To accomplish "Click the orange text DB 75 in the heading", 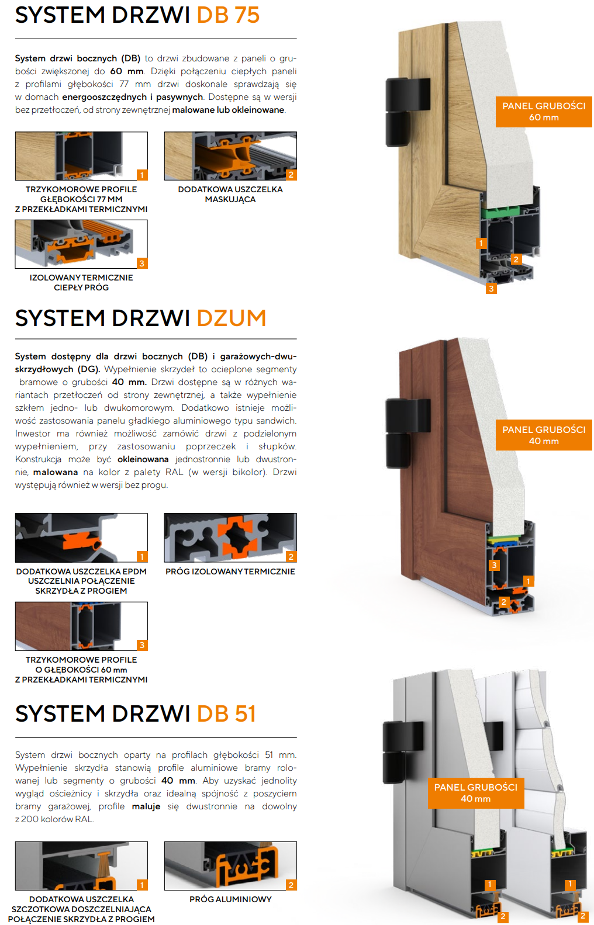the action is pyautogui.click(x=228, y=15).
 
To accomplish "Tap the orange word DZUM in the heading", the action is pyautogui.click(x=232, y=318).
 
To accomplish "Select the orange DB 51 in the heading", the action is pyautogui.click(x=226, y=714).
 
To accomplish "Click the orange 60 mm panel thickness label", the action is pyautogui.click(x=544, y=112).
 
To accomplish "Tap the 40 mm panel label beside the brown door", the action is pyautogui.click(x=544, y=435).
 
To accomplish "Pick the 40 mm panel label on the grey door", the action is pyautogui.click(x=476, y=793).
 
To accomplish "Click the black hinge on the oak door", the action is pyautogui.click(x=406, y=112).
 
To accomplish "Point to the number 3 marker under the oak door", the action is pyautogui.click(x=491, y=289).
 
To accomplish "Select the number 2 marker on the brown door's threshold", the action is pyautogui.click(x=503, y=602).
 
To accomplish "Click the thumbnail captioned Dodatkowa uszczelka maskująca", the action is pyautogui.click(x=230, y=156).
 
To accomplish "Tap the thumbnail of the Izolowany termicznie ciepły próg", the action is pyautogui.click(x=81, y=244).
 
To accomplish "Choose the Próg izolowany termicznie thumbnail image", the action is pyautogui.click(x=230, y=538).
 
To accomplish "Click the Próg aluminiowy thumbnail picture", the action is pyautogui.click(x=230, y=865).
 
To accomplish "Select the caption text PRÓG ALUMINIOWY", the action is pyautogui.click(x=230, y=899).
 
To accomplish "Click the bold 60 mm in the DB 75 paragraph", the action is pyautogui.click(x=126, y=71).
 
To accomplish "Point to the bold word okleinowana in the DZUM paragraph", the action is pyautogui.click(x=143, y=459).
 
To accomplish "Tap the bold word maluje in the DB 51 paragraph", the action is pyautogui.click(x=146, y=806).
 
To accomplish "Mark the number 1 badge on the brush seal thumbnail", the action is pyautogui.click(x=142, y=885).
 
